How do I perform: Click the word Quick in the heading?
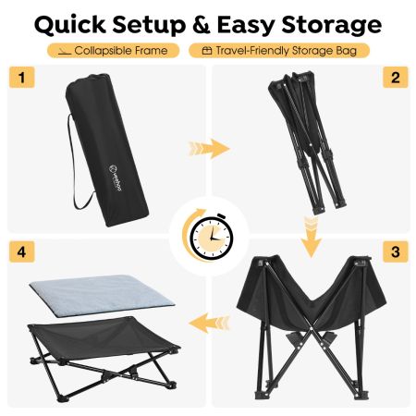coord(70,25)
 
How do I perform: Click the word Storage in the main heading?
coord(332,26)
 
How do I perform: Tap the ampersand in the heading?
coord(202,25)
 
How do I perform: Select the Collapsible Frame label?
coord(114,51)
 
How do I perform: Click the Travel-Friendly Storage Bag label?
coord(279,51)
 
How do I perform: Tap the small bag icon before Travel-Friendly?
coord(207,51)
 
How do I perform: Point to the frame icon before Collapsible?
coord(65,52)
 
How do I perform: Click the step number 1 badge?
coord(21,77)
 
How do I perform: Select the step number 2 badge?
coord(396,77)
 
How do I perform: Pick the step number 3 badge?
coord(396,251)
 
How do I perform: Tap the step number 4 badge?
coord(21,251)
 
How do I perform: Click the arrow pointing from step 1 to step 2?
coord(209,149)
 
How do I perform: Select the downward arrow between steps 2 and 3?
coord(312,237)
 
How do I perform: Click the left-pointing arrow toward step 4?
coord(209,323)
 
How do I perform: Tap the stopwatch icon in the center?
coord(211,238)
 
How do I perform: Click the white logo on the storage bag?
coord(116,178)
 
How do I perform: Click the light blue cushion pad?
coord(102,295)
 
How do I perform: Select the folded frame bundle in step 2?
coord(307,141)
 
